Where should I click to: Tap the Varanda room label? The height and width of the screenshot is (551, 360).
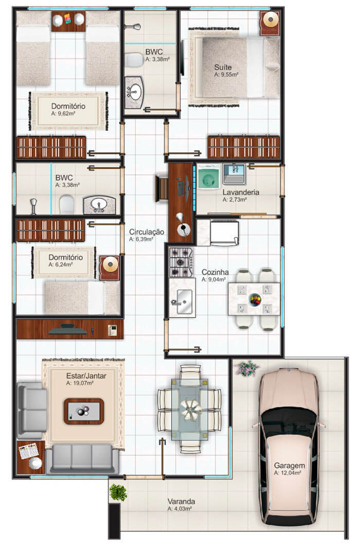click(x=180, y=501)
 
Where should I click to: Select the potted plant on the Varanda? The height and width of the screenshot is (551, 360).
click(x=118, y=492)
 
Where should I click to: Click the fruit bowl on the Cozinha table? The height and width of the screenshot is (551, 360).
click(x=255, y=299)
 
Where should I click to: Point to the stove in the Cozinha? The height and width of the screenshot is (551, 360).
click(x=181, y=262)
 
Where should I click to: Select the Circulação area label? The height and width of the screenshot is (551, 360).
click(x=147, y=232)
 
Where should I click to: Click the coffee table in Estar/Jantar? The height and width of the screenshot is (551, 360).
click(x=84, y=411)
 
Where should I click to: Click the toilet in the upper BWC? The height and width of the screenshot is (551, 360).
click(x=135, y=60)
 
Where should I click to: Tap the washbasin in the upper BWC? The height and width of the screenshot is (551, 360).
click(x=135, y=93)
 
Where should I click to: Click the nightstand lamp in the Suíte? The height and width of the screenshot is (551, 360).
click(x=269, y=21)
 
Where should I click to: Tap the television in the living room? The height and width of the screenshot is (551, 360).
click(x=68, y=329)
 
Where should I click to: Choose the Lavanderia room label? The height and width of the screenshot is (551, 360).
click(x=241, y=192)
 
